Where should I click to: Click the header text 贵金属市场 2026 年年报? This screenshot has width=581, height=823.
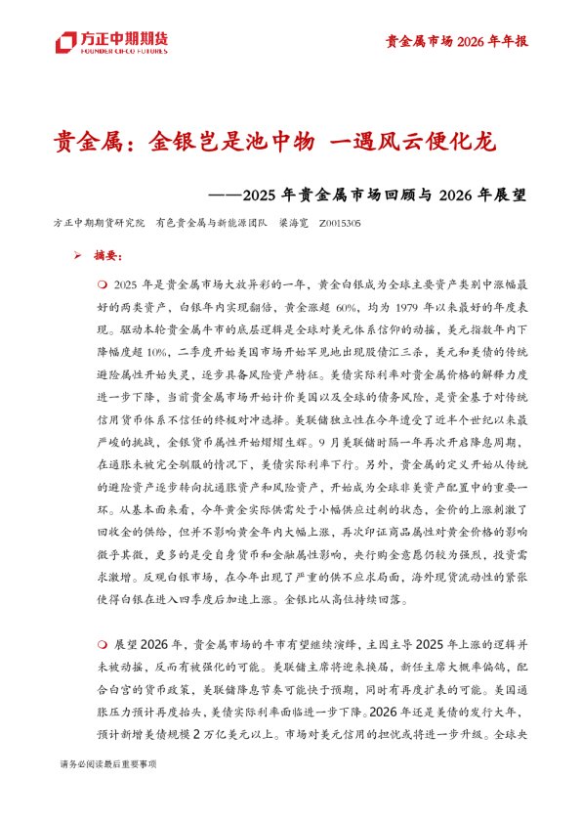pyautogui.click(x=456, y=41)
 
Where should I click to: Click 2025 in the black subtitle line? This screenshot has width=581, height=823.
pyautogui.click(x=268, y=194)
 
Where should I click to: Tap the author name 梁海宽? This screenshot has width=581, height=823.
pyautogui.click(x=294, y=224)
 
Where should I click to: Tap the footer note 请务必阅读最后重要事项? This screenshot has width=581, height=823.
pyautogui.click(x=107, y=762)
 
